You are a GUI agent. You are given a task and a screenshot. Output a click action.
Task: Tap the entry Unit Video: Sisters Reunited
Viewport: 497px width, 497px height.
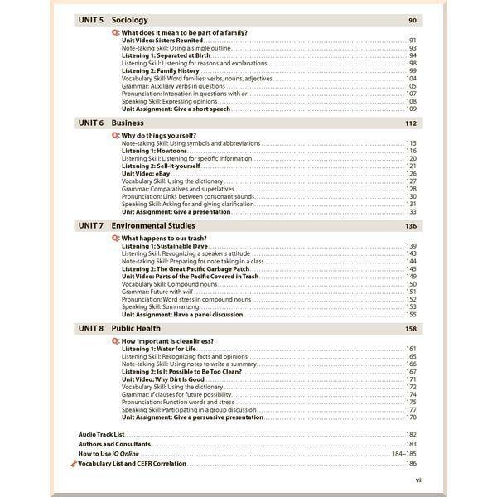162,40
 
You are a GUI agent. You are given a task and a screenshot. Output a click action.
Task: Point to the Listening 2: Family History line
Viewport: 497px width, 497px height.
162,70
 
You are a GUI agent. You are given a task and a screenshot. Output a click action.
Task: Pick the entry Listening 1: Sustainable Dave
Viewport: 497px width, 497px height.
163,246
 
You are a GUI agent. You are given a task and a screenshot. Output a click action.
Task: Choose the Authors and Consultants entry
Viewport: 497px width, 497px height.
114,444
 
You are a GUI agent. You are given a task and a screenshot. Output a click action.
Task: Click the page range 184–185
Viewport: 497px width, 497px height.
403,454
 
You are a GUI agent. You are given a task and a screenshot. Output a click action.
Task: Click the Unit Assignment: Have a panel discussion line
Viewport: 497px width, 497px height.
182,315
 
